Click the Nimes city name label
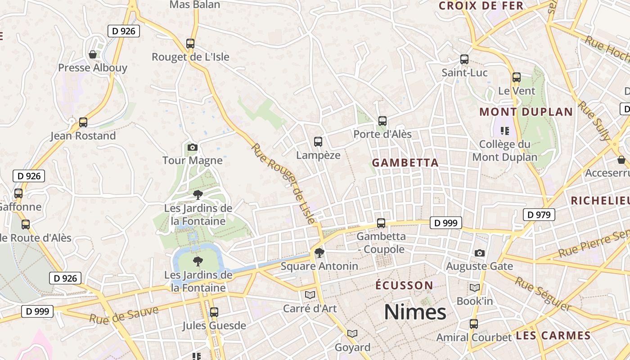(415, 312)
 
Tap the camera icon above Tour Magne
(192, 147)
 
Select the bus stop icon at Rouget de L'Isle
(190, 44)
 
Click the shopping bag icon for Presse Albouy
(93, 54)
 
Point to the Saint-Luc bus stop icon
(464, 59)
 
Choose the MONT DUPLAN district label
(526, 112)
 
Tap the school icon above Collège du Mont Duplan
(504, 131)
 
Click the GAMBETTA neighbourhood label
(405, 163)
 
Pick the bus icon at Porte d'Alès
(382, 121)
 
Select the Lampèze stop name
(318, 155)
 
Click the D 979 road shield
(539, 215)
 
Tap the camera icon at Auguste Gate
(480, 253)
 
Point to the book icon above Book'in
(475, 288)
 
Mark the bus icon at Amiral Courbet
(474, 324)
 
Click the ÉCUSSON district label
(404, 285)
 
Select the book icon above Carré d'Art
(310, 295)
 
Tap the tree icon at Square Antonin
(319, 253)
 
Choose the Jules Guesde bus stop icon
(214, 312)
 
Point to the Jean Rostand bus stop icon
(83, 122)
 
